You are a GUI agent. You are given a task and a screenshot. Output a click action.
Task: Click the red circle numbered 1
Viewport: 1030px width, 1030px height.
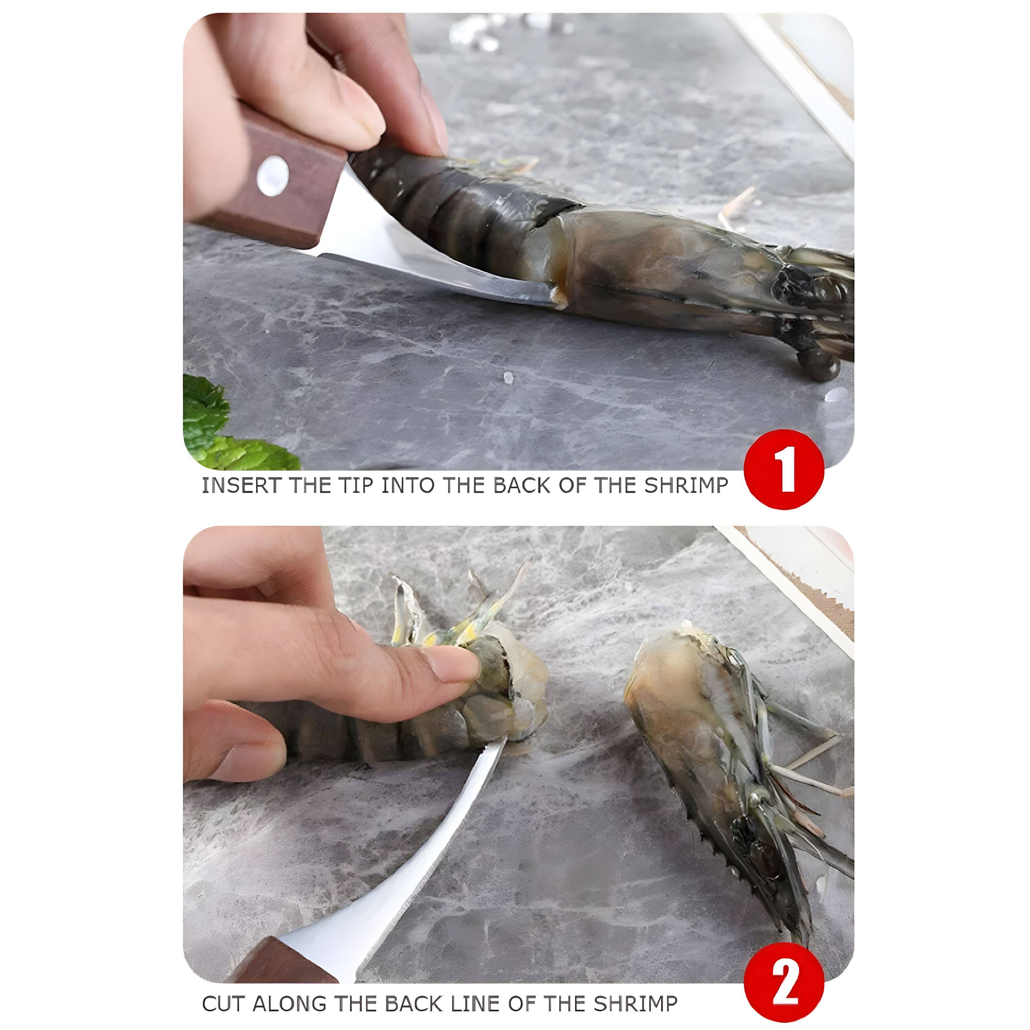pyautogui.click(x=784, y=469)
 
